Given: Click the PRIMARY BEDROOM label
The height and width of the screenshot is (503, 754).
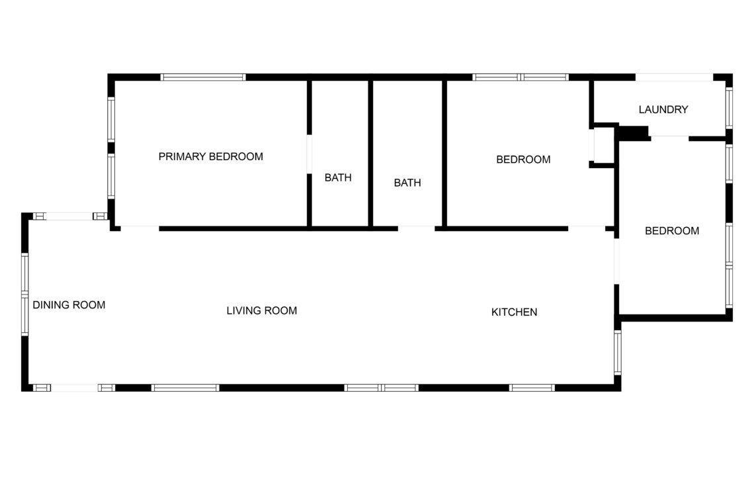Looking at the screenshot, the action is (x=210, y=156).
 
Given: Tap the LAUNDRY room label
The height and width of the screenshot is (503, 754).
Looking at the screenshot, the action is (x=663, y=110).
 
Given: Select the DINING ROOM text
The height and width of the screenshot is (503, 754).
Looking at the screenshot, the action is (x=69, y=304).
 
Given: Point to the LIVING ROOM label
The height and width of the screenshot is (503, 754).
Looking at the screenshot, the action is (x=262, y=310).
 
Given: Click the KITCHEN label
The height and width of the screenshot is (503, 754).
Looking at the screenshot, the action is (x=514, y=312).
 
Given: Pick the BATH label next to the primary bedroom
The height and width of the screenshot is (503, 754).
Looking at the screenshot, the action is (x=338, y=177).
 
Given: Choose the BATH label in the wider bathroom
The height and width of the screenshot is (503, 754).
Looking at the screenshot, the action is (x=407, y=183).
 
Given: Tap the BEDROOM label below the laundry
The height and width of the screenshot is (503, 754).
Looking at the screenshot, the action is (x=672, y=230).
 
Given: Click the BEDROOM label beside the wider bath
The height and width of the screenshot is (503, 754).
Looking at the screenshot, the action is (x=523, y=160).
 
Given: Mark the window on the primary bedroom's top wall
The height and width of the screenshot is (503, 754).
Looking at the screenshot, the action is (x=203, y=77).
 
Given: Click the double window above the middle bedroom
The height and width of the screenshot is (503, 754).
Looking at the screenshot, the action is (x=521, y=77).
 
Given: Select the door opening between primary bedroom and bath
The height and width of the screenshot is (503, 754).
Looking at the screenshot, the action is (x=309, y=154).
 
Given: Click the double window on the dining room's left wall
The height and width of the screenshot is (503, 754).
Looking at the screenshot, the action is (x=25, y=294).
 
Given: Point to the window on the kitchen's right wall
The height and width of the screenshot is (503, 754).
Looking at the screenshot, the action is (x=618, y=352).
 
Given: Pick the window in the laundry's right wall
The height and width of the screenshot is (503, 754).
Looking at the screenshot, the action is (x=729, y=109).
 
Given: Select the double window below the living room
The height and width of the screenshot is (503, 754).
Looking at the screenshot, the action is (x=382, y=387).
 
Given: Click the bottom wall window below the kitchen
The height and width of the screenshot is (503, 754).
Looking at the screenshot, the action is (x=532, y=387).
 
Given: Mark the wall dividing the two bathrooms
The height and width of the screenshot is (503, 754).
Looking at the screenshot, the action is (x=371, y=153).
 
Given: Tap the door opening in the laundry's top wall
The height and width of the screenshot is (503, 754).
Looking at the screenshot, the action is (x=674, y=77).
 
